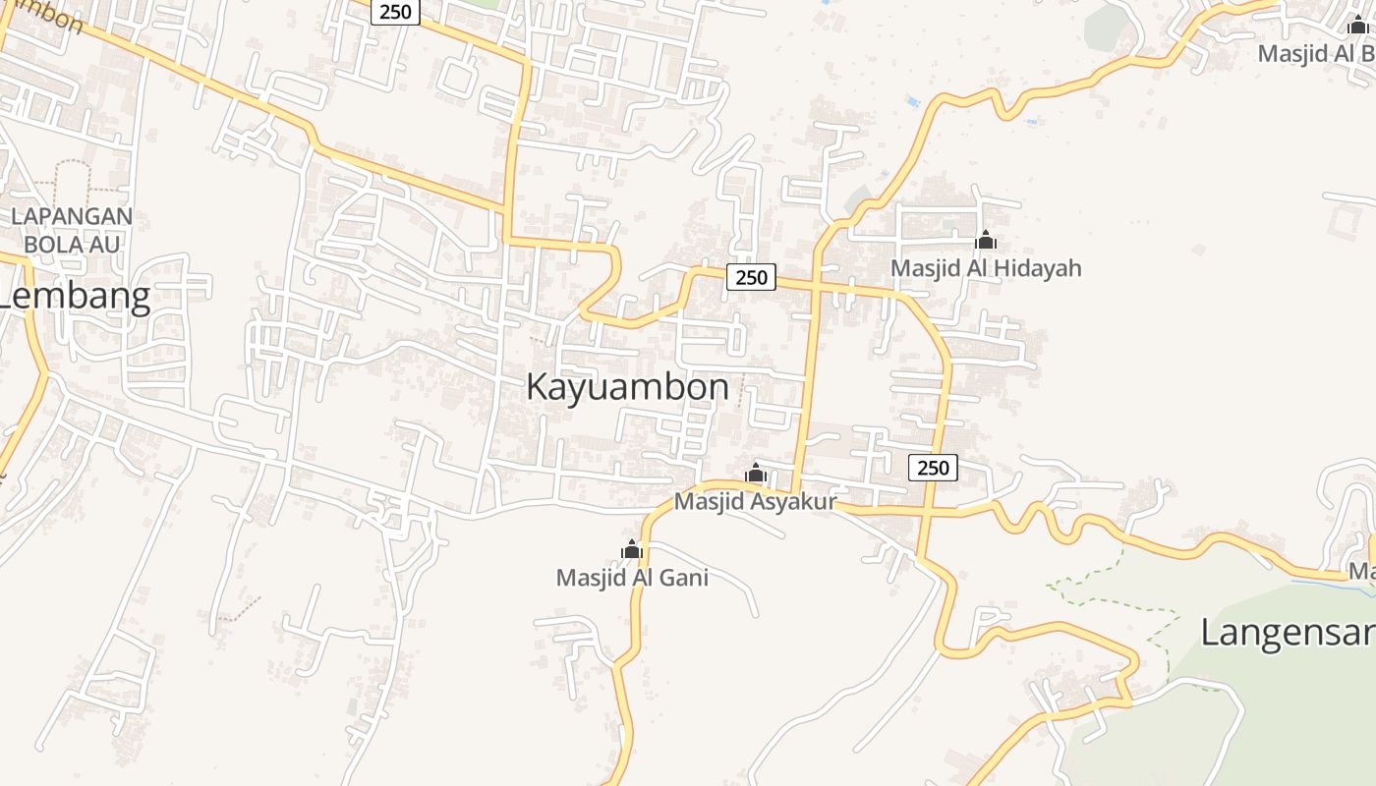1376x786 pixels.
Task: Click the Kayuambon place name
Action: point(627,387)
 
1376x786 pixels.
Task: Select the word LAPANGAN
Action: point(72,216)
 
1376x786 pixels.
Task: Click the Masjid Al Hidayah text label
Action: point(985,268)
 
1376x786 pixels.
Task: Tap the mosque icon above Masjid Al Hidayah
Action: point(985,240)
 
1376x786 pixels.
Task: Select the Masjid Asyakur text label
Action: point(755,502)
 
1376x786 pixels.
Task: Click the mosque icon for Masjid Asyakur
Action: point(755,474)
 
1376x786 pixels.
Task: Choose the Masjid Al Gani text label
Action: point(632,578)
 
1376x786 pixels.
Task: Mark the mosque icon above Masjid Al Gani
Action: point(632,549)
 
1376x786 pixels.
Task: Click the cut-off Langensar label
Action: point(1288,633)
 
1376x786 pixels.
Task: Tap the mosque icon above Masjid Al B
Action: point(1357,26)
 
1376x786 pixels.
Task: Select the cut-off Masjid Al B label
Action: point(1316,53)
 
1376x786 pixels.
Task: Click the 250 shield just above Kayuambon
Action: point(751,277)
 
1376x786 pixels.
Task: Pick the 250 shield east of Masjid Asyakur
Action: point(932,468)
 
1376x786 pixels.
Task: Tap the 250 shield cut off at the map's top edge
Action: point(396,12)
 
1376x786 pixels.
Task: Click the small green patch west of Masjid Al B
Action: point(1107,28)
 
